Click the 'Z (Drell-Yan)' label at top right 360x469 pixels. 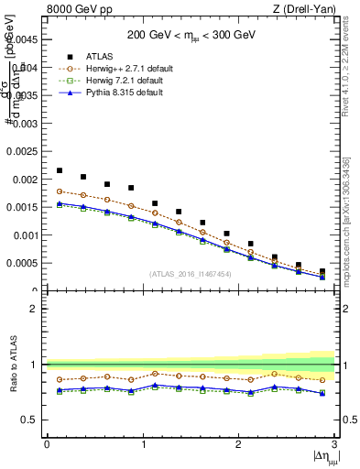(309, 9)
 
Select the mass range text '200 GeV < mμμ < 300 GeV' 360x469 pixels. (191, 34)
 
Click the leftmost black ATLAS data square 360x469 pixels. (60, 170)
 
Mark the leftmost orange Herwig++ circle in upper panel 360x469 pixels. (60, 191)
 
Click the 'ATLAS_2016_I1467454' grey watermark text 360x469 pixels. (191, 275)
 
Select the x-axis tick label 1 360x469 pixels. (143, 444)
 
